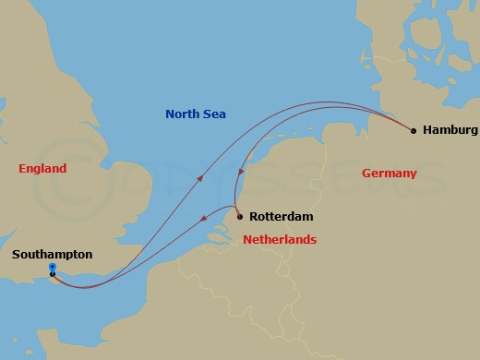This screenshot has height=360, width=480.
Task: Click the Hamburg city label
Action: pyautogui.click(x=450, y=130)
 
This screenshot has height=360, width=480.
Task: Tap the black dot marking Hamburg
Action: pyautogui.click(x=413, y=130)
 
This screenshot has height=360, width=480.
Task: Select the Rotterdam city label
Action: pyautogui.click(x=282, y=217)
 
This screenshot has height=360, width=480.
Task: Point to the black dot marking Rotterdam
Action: pyautogui.click(x=239, y=217)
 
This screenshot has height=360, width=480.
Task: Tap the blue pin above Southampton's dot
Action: pyautogui.click(x=52, y=267)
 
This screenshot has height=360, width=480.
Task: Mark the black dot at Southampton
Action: pyautogui.click(x=53, y=274)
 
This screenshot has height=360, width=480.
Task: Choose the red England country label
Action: pyautogui.click(x=42, y=169)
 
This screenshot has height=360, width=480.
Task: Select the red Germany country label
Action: pyautogui.click(x=389, y=174)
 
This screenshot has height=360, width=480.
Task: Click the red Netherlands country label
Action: pyautogui.click(x=280, y=240)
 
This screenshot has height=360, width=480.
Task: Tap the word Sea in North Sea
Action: pyautogui.click(x=216, y=114)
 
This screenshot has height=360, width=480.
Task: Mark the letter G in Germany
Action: pyautogui.click(x=366, y=174)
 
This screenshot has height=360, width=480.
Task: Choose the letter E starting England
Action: pyautogui.click(x=22, y=169)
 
